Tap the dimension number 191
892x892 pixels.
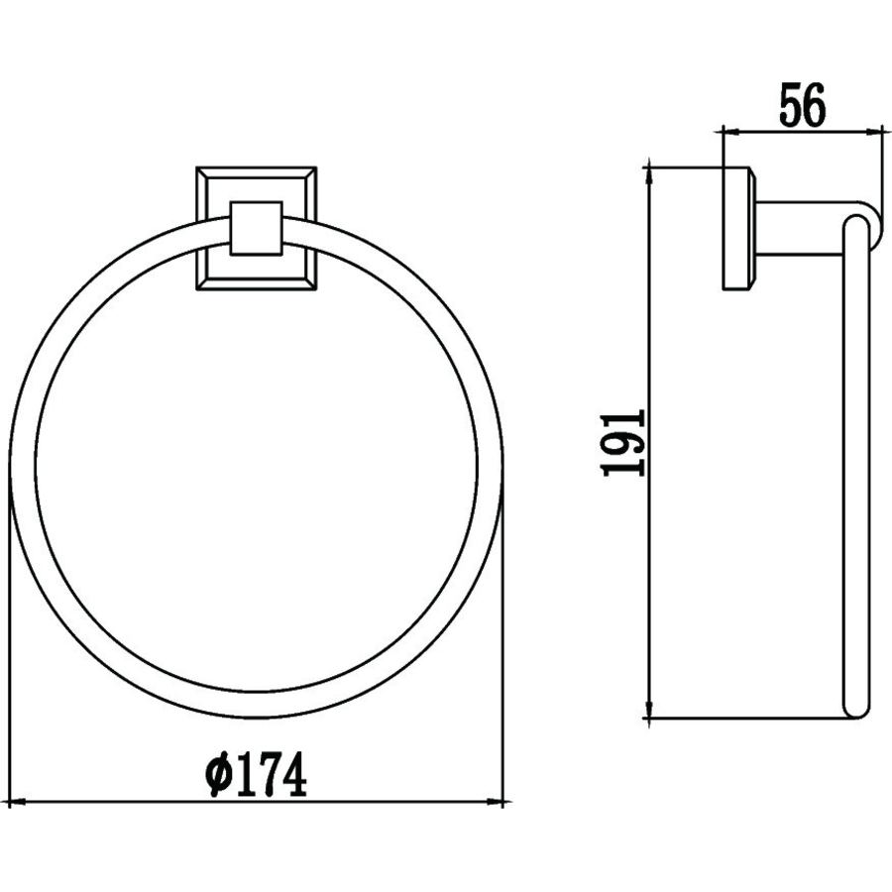[623, 443]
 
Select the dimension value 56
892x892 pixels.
[802, 105]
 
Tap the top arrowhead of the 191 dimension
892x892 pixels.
[648, 175]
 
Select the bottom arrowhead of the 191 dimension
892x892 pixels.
[648, 710]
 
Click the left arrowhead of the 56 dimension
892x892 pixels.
[730, 133]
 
